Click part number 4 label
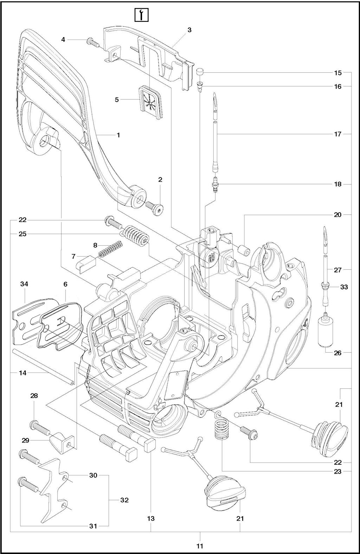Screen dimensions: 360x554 [63, 39]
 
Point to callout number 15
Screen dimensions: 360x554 [338, 73]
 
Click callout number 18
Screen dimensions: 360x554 [338, 184]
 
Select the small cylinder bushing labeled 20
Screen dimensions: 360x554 [244, 252]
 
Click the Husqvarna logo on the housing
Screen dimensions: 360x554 [212, 258]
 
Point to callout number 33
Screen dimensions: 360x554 [344, 287]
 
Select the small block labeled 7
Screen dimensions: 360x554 [86, 264]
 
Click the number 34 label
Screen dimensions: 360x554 [24, 284]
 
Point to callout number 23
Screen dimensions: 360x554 [338, 471]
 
